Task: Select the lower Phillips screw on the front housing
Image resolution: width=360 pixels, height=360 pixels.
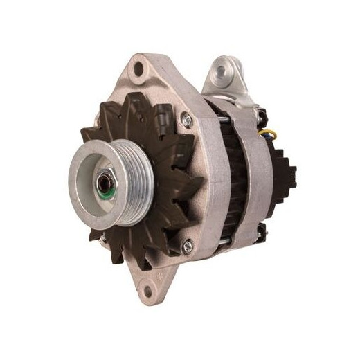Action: pyautogui.click(x=186, y=243)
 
